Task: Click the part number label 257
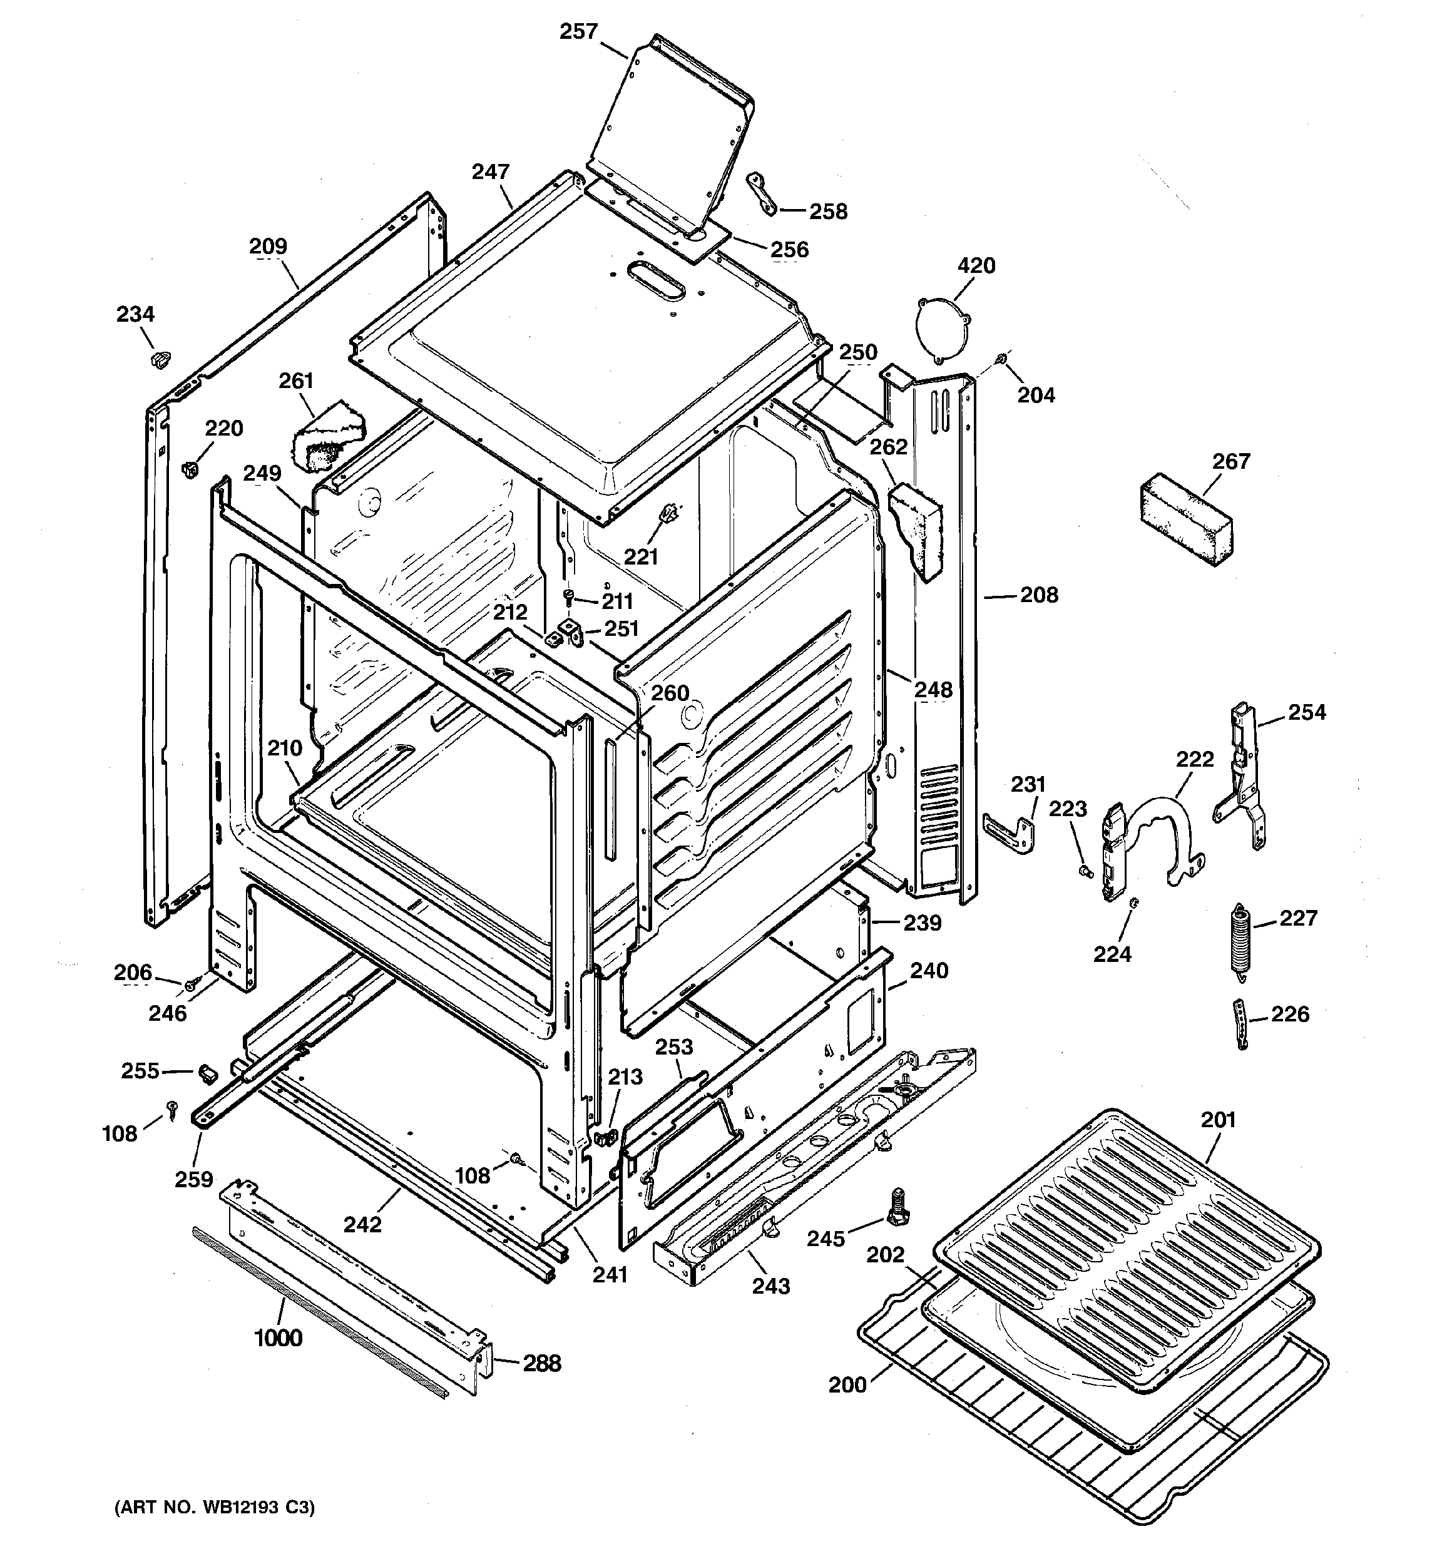[578, 32]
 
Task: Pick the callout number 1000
[279, 1339]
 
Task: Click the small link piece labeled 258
[762, 194]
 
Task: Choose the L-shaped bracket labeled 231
[1011, 831]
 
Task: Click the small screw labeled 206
[190, 986]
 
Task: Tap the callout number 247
[490, 172]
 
